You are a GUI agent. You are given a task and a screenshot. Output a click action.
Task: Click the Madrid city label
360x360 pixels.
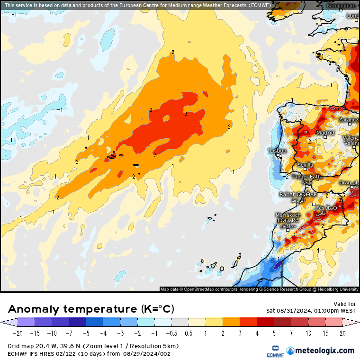point(325,133)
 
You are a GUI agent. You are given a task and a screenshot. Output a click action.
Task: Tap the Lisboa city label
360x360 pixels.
point(278,151)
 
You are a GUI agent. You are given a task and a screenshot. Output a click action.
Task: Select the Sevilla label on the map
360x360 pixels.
point(306,165)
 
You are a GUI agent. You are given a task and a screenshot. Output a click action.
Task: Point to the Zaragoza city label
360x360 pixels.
point(349,120)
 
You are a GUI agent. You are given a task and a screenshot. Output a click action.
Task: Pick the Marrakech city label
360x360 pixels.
point(288,216)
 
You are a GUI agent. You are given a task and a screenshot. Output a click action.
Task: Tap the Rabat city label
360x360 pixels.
point(287,194)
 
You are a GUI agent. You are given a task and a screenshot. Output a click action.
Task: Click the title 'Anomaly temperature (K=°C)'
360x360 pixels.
point(91,309)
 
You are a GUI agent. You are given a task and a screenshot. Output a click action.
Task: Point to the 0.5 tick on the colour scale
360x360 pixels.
point(189,333)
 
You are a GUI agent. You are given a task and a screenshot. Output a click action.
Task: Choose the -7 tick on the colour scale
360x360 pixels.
point(69,333)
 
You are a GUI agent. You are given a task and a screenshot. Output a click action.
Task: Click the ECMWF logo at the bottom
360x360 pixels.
point(272,351)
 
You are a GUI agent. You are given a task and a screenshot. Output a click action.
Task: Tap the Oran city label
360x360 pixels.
point(345,182)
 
